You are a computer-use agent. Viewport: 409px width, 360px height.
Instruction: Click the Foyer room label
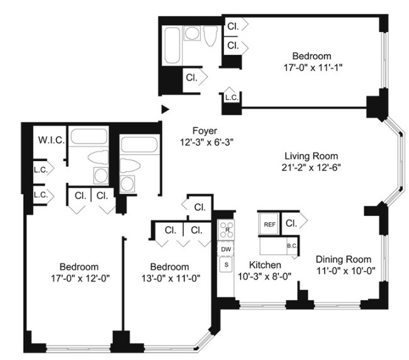coord(204,131)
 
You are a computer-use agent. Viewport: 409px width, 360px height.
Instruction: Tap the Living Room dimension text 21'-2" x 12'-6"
coord(311,167)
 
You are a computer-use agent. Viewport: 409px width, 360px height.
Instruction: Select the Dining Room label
coord(343,259)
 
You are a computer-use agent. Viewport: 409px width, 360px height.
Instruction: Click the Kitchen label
coord(265,264)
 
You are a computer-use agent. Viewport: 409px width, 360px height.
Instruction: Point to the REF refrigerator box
coord(269,224)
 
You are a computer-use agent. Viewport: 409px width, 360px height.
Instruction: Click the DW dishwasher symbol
coord(225,249)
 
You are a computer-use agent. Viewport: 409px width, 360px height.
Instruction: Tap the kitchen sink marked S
coord(225,265)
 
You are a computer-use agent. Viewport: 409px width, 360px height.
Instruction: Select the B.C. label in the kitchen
coord(292,246)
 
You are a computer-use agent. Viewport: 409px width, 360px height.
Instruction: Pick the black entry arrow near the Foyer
coord(165,109)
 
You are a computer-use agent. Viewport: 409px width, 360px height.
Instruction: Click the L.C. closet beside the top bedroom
coord(231,98)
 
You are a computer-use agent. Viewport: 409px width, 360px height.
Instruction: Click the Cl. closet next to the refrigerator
coord(291,223)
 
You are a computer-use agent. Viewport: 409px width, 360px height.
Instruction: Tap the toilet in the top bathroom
coord(210,37)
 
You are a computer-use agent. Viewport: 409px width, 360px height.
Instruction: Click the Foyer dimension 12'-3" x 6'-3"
coord(204,142)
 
